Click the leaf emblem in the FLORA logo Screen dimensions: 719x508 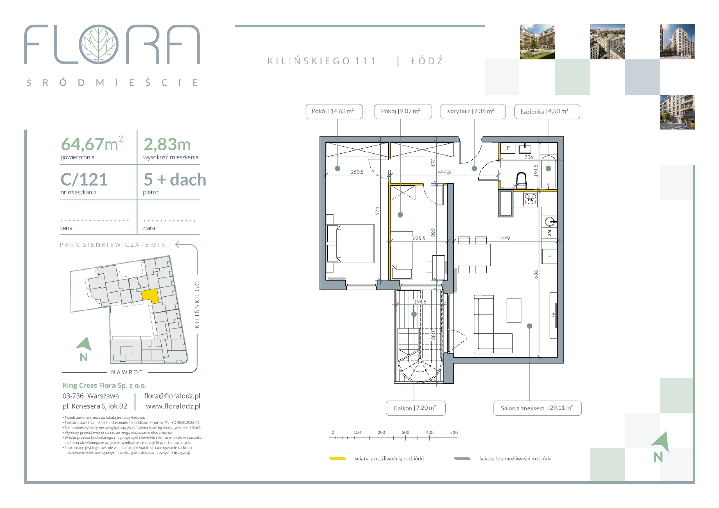pyautogui.click(x=99, y=44)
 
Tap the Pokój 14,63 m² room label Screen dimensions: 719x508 pyautogui.click(x=334, y=111)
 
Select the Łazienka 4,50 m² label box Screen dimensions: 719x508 pyautogui.click(x=547, y=111)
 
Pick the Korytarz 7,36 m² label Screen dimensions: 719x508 pyautogui.click(x=473, y=111)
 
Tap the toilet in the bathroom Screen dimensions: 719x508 pyautogui.click(x=521, y=181)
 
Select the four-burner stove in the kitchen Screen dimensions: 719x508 pyautogui.click(x=530, y=199)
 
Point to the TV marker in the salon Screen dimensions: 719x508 pyautogui.click(x=553, y=315)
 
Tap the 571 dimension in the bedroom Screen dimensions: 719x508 pyautogui.click(x=377, y=211)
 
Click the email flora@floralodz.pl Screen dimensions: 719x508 pyautogui.click(x=172, y=396)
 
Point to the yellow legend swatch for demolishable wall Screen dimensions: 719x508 pyautogui.click(x=337, y=459)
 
